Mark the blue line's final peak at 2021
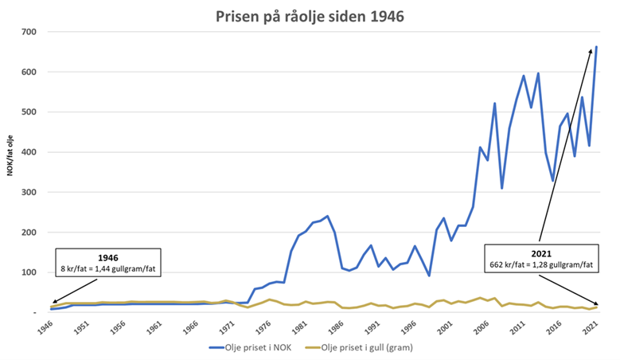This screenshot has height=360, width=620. (x=596, y=47)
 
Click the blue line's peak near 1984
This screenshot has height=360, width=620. (x=327, y=216)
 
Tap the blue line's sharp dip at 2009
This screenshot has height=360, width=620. (x=502, y=188)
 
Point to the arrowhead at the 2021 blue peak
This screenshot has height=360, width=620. (x=591, y=50)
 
